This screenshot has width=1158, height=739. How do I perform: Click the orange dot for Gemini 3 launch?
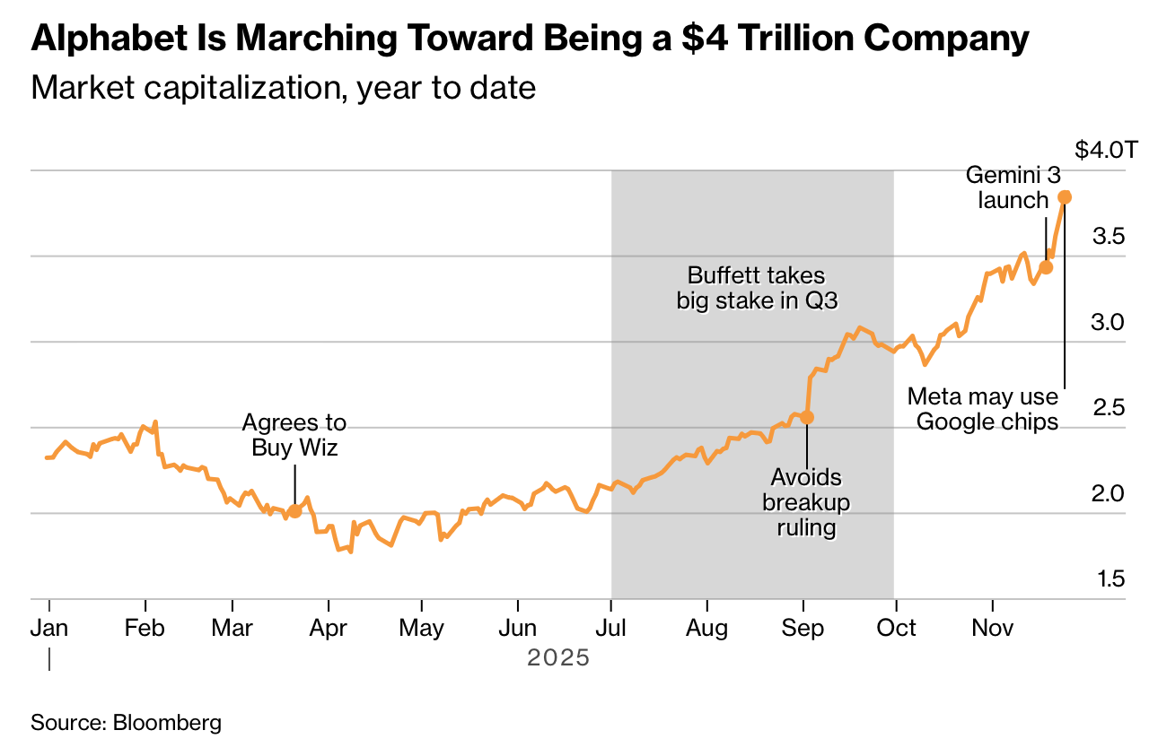1046,267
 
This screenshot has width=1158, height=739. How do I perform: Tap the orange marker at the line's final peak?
1065,197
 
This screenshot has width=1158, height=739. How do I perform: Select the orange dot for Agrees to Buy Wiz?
294,511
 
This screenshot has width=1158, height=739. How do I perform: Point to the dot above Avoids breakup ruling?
807,417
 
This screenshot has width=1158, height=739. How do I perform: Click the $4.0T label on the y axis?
1106,150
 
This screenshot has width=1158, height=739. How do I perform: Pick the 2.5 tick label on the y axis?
1108,408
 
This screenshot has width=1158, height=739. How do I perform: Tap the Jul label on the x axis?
610,628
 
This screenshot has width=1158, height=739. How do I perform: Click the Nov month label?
992,628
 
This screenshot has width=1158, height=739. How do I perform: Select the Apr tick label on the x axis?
328,628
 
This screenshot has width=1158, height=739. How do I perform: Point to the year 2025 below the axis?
557,658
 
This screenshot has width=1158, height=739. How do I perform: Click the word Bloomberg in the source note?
167,722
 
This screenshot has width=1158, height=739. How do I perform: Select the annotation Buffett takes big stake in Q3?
757,288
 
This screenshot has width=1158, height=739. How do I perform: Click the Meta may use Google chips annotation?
983,408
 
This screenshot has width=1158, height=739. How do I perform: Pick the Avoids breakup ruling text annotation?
806,501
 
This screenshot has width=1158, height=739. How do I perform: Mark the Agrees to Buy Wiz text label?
294,435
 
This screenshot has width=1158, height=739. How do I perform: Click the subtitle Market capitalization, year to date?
283,88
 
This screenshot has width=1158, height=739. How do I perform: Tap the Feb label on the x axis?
145,628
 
